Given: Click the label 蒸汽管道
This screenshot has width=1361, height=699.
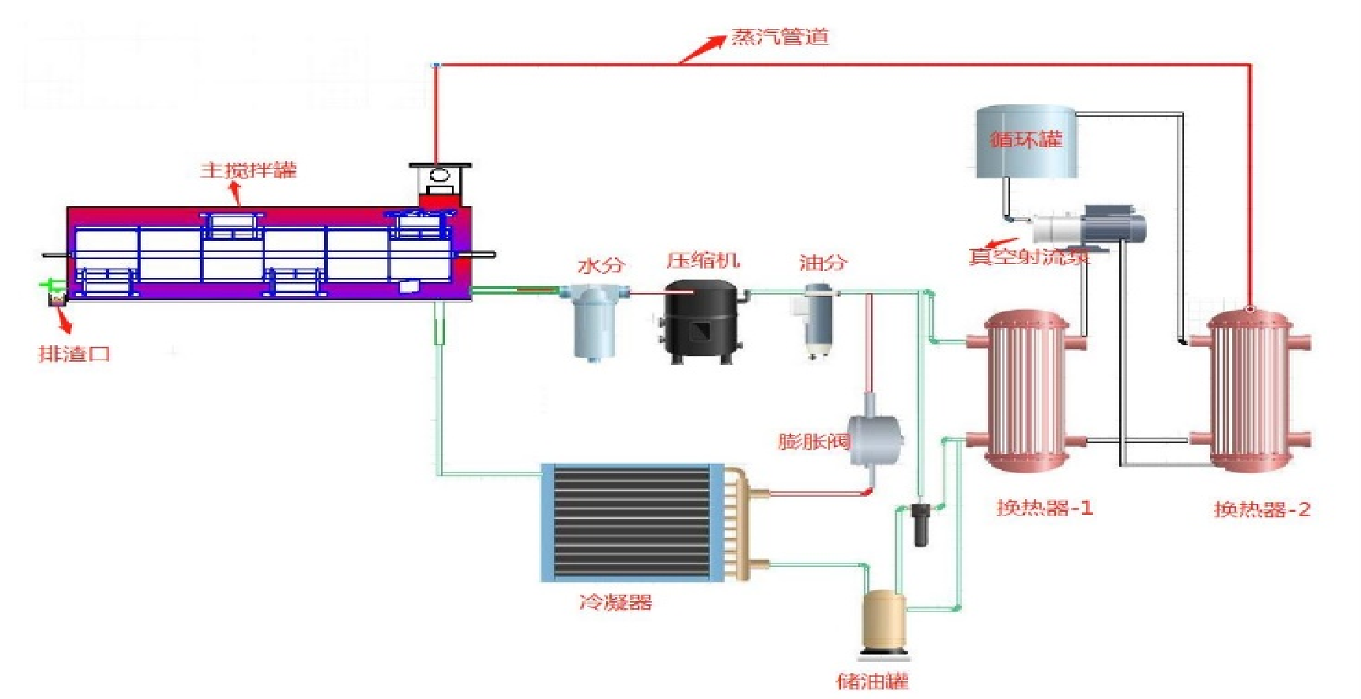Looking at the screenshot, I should point(779,36).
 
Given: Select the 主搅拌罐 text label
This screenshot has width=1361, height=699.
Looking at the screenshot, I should point(248,170).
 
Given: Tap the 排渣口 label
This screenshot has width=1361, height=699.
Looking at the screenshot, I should point(74,353).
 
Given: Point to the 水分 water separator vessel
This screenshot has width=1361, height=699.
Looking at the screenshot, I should point(594,323).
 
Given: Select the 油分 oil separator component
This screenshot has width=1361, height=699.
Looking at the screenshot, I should point(817,319).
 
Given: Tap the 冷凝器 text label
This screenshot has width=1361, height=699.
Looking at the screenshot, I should point(616,603).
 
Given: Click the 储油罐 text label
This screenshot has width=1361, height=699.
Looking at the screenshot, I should point(873,681).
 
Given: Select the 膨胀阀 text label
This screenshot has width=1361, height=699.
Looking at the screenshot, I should point(813,441).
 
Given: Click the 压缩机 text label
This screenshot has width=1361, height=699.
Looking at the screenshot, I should point(703,261).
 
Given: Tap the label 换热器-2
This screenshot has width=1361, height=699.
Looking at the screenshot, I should point(1261,509).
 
